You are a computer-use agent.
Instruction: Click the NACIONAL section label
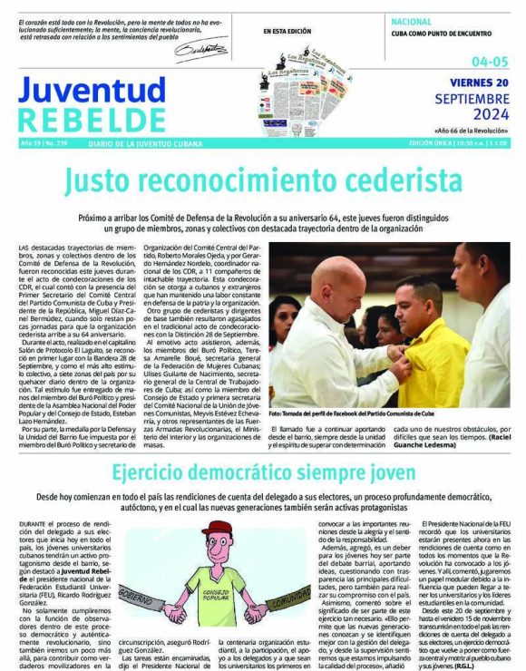coord(411,20)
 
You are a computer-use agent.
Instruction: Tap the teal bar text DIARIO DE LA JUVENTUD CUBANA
coord(144,143)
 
